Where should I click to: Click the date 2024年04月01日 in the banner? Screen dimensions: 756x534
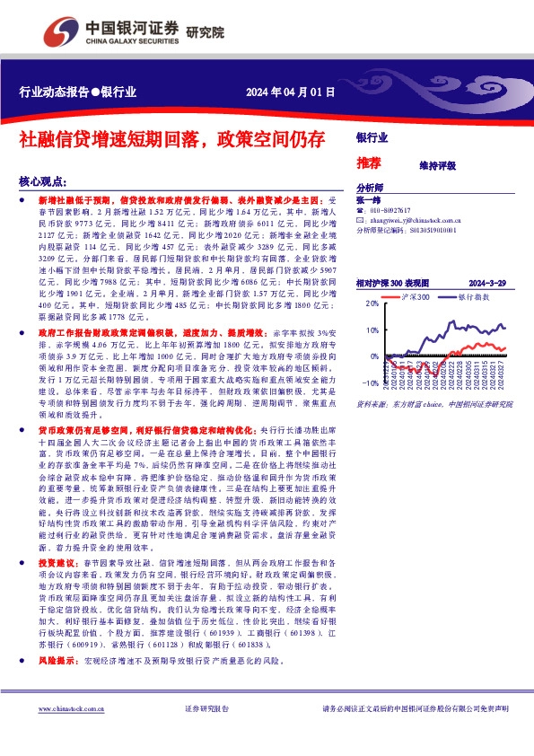coord(291,92)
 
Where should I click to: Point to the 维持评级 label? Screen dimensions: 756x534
coord(437,165)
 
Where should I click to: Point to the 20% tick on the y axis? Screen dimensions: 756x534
coord(372,304)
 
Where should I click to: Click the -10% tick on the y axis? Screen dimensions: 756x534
coord(370,382)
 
